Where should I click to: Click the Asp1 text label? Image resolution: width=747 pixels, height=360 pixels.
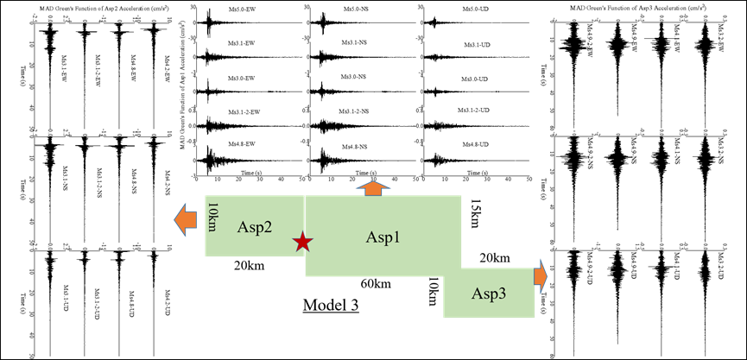tap(383, 237)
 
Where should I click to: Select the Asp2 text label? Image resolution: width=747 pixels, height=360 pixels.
tap(255, 228)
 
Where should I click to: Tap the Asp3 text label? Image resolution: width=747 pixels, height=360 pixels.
tap(489, 294)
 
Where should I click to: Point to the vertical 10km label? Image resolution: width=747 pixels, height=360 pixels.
tap(212, 217)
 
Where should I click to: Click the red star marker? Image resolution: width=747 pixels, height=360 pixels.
tap(302, 242)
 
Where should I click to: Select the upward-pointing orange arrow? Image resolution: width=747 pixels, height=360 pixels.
tap(373, 187)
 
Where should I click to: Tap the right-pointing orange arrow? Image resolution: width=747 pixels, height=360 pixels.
tap(541, 276)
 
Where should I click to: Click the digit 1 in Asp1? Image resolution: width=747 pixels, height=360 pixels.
tap(396, 237)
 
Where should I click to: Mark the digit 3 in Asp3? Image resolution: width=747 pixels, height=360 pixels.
tap(502, 294)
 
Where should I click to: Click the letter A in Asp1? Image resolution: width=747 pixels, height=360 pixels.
tap(371, 237)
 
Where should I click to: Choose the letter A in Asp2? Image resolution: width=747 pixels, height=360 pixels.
tap(243, 228)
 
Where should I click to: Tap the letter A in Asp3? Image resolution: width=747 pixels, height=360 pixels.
tap(477, 294)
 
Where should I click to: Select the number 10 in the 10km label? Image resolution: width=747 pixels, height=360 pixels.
tap(212, 209)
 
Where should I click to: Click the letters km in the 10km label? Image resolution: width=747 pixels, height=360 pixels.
tap(212, 224)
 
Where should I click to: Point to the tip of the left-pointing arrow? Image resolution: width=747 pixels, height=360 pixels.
tap(175, 220)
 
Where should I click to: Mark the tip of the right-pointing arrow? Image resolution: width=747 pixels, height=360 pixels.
tap(547, 276)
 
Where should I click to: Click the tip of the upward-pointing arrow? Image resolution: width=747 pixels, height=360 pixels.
tap(373, 181)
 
